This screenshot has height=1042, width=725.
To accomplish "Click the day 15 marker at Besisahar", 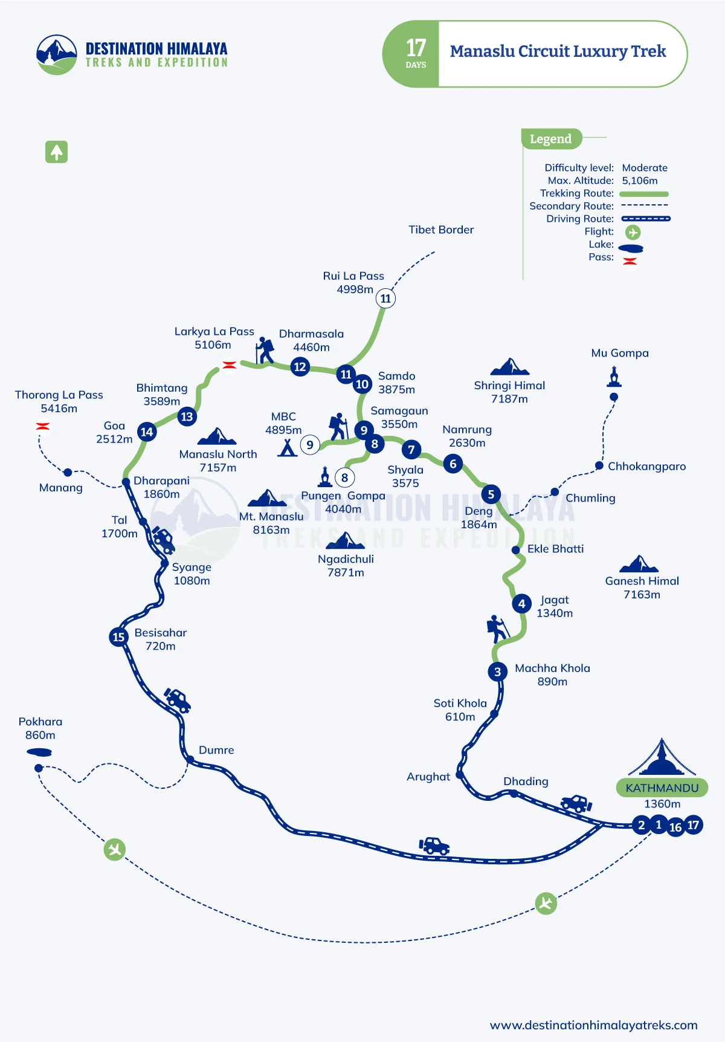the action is pos(118,636).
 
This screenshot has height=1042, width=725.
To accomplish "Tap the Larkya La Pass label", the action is pos(214,331).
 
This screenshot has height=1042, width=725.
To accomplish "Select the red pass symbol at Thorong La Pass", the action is pos(42,426).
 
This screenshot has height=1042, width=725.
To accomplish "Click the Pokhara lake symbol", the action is pos(39,752).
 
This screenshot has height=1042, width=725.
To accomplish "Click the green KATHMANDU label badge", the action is pos(662,788).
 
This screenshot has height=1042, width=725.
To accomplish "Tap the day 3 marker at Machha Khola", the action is pos(497,671).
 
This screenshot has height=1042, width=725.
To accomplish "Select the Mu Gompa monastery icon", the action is pos(614,377).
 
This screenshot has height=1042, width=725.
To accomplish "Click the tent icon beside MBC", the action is pos(288,447).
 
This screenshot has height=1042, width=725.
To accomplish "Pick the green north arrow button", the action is pos(56,152).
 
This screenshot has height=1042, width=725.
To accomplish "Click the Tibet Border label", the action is pos(441,230).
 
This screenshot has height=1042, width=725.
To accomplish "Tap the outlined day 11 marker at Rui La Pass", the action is pos(385,298).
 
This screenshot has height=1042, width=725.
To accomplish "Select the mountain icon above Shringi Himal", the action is pos(510,367).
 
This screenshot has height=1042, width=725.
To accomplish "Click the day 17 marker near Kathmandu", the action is pos(693,825).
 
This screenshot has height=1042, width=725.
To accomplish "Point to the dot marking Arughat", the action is pos(460,774).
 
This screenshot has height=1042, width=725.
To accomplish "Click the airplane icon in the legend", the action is pos(633,232).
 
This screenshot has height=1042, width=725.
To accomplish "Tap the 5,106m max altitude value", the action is pos(640,181).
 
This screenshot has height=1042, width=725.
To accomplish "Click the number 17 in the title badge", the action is pos(416,48).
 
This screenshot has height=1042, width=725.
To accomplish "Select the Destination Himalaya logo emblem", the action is pos(57,54).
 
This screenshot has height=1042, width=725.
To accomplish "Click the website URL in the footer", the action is pos(593,1025).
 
